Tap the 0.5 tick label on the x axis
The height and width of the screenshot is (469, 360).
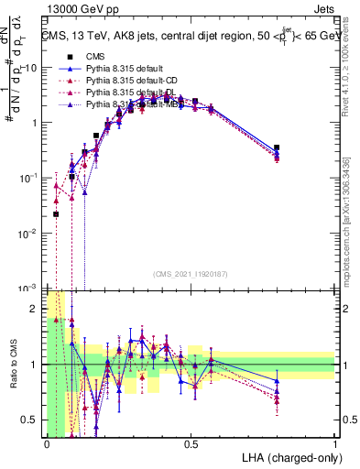(191, 443)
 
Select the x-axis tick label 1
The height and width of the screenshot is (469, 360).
(335, 443)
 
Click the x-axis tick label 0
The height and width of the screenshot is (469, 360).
(46, 443)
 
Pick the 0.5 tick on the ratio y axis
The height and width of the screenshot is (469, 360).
(29, 420)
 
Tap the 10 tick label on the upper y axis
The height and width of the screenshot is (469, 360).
(31, 67)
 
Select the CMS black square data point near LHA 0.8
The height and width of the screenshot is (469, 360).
(277, 147)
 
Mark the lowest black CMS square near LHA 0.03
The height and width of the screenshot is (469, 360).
(56, 214)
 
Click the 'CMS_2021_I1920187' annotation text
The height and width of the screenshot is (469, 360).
(189, 273)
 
